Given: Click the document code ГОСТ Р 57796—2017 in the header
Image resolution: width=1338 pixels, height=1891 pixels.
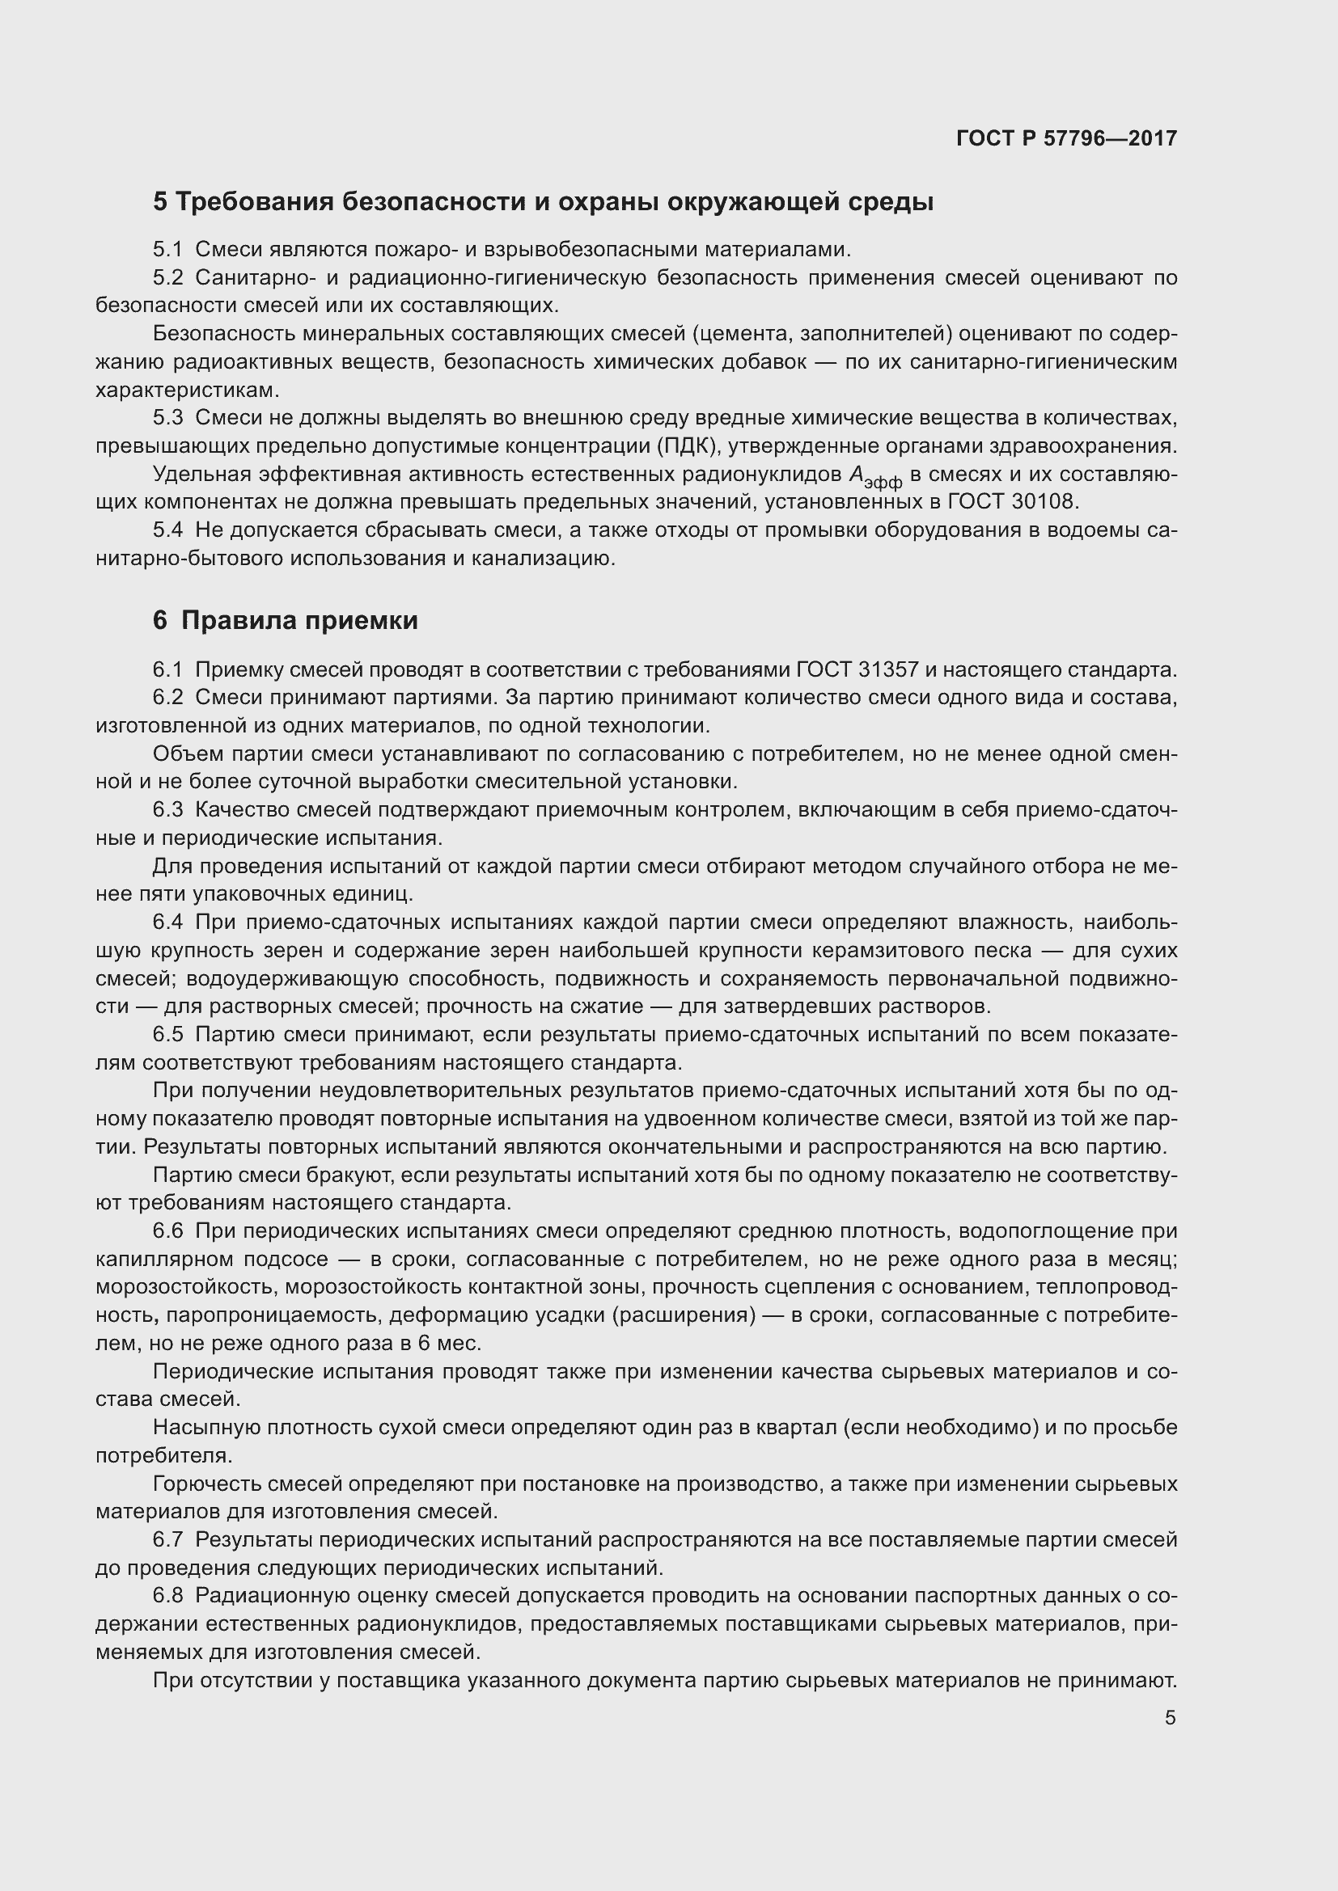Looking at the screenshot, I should (1066, 138).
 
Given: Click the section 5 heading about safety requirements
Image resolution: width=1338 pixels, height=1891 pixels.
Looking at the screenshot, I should (543, 201).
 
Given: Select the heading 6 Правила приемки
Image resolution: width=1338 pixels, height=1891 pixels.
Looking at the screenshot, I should (285, 620).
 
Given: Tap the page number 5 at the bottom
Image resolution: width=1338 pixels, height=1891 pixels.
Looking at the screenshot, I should (1170, 1718).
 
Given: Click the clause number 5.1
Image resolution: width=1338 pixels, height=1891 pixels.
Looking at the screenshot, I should (168, 250).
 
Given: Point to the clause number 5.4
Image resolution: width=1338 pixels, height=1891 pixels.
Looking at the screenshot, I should (168, 530).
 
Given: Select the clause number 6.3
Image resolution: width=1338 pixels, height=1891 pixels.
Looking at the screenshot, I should (168, 810).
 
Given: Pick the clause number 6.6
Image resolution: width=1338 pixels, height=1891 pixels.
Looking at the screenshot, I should (168, 1231).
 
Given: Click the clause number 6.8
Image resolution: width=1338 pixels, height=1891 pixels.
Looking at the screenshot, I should (168, 1596).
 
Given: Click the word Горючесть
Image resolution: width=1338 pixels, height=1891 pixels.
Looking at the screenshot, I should (207, 1484).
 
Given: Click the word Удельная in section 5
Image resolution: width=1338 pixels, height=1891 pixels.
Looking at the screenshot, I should (201, 475).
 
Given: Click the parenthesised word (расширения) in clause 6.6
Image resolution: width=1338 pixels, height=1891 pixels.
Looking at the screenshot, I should (684, 1315).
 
